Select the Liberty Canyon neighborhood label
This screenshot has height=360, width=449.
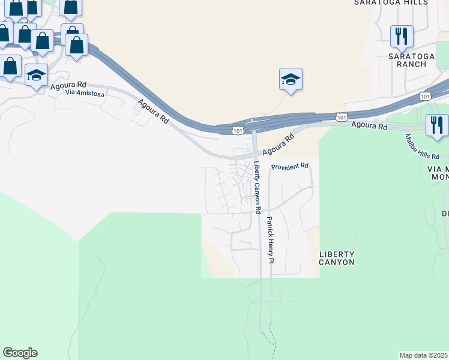click(x=337, y=258)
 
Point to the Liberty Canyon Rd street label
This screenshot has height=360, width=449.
click(x=257, y=188)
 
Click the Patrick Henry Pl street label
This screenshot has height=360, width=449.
click(x=270, y=240)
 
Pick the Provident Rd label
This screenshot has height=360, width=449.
click(x=289, y=166)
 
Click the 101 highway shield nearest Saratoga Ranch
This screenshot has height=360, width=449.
click(x=425, y=96)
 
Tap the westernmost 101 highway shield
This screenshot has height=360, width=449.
click(x=238, y=129)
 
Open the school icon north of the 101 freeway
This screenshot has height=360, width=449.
click(x=291, y=80)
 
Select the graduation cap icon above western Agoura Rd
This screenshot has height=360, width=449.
click(x=36, y=76)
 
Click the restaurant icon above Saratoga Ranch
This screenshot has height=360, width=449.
click(x=402, y=36)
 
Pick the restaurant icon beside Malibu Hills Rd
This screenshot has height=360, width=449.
click(x=436, y=125)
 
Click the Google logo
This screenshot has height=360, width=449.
click(x=20, y=353)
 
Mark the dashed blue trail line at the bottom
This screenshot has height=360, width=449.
click(x=273, y=339)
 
